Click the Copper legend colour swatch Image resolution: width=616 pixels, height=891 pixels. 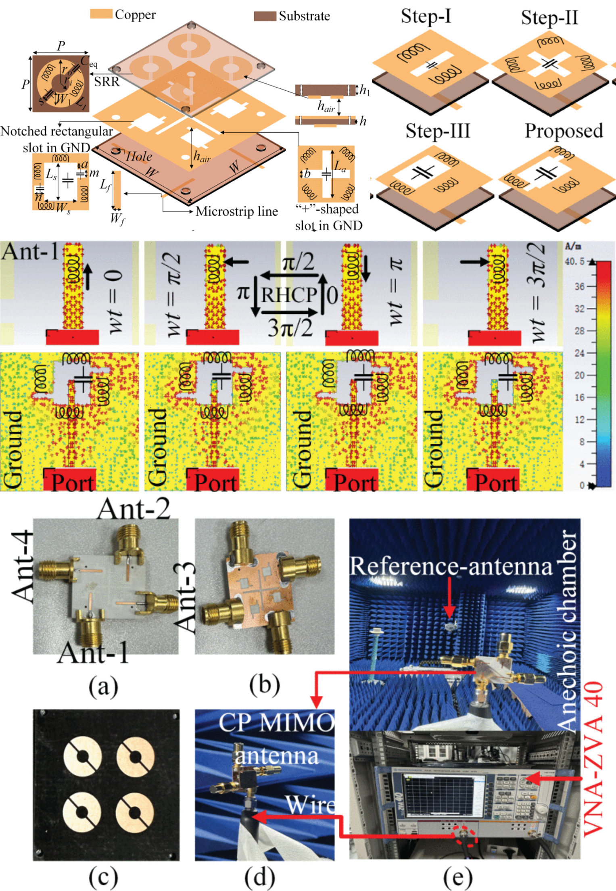click(x=101, y=14)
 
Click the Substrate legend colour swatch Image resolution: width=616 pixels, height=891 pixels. click(x=265, y=16)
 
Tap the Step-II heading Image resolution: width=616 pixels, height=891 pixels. click(x=549, y=18)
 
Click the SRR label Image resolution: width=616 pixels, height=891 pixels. click(x=107, y=82)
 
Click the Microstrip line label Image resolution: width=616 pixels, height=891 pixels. click(x=236, y=211)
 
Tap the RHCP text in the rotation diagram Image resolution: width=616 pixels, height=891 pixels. click(x=288, y=295)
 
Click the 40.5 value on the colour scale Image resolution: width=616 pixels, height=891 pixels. click(x=574, y=262)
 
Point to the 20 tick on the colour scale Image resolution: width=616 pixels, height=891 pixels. click(x=579, y=375)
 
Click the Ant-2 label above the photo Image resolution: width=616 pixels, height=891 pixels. click(x=134, y=509)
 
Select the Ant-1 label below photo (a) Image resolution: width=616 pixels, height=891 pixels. click(x=94, y=653)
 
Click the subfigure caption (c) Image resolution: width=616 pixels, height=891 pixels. click(x=103, y=876)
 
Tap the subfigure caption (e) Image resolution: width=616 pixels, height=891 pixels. click(x=457, y=876)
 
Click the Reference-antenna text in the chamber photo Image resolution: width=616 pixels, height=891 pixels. click(x=451, y=566)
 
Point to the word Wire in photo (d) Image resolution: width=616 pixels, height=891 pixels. click(x=310, y=805)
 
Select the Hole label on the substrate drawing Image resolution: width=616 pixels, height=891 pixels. click(x=139, y=156)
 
